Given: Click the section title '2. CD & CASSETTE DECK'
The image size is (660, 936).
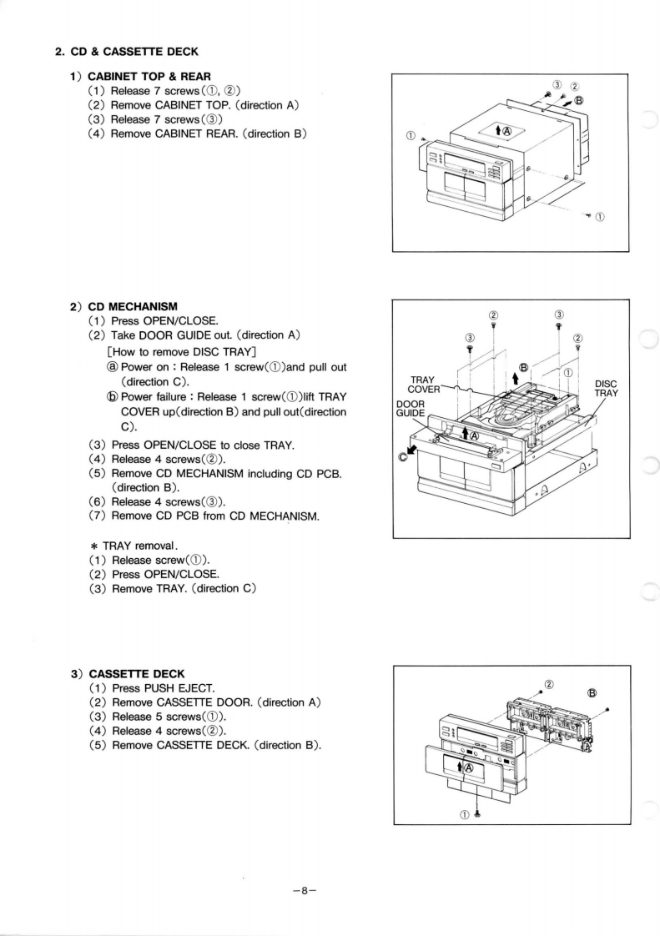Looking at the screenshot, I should pos(126,52).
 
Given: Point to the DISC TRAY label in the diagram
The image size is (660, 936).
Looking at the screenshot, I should pos(607,390).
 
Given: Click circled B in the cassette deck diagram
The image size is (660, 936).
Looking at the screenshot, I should pos(592,692).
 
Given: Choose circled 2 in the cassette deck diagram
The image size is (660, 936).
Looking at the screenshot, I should pos(549,685).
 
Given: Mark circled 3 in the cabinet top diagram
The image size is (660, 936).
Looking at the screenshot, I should pos(557,85).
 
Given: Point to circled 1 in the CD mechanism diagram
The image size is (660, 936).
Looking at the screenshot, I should pos(569,373).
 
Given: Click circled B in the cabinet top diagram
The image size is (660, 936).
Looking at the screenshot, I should pos(578,101).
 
